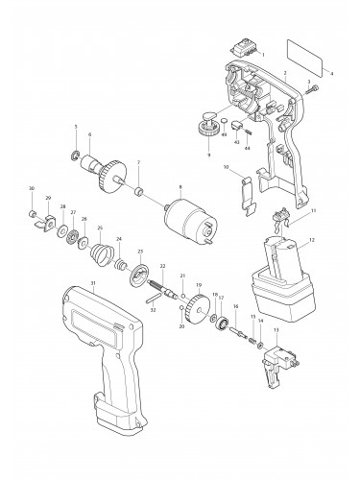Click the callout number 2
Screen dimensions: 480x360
(284, 73)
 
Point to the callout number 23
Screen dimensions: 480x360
(140, 251)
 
